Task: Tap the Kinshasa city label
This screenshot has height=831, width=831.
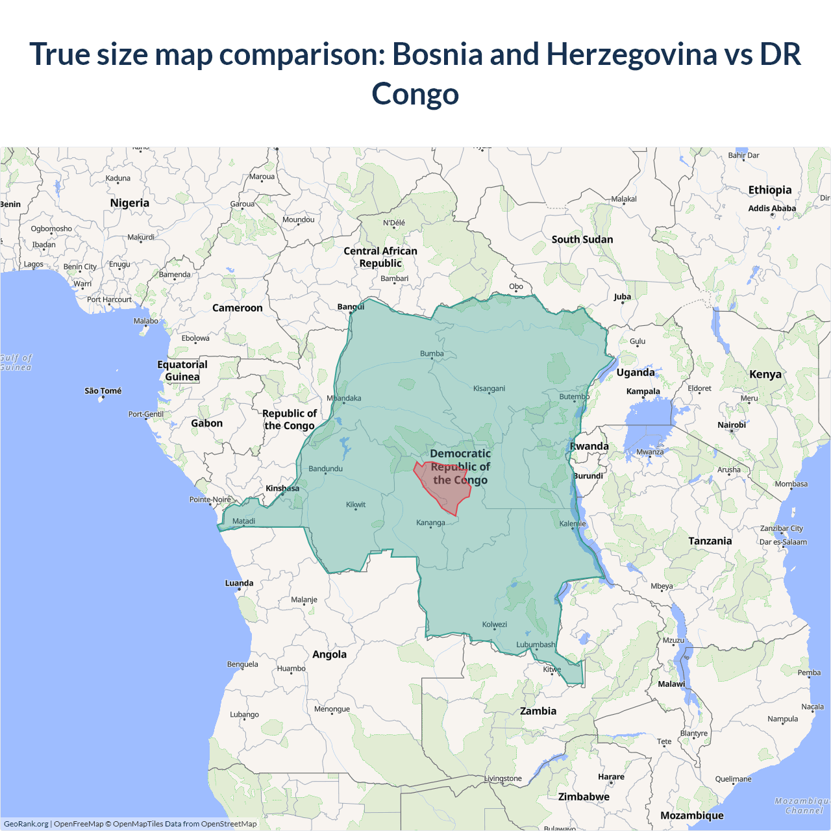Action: coord(282,488)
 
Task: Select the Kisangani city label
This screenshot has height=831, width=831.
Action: coord(489,388)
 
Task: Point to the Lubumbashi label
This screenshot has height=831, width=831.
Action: coord(536,645)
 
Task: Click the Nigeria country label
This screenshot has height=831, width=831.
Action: coord(130,203)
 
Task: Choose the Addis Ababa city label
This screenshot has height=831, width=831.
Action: coord(772,208)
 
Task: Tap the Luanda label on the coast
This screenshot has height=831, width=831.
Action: coord(239,583)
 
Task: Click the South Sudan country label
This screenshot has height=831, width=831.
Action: coord(582,240)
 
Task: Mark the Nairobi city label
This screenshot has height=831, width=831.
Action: coord(732,425)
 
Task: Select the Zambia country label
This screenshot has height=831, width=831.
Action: coord(538,711)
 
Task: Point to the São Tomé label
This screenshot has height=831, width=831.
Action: coord(103,391)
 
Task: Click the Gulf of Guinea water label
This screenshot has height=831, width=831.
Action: coord(16,362)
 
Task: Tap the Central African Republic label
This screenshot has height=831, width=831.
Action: coord(380,257)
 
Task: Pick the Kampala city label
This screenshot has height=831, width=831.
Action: coord(643,391)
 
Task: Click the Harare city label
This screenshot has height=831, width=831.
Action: coord(611,776)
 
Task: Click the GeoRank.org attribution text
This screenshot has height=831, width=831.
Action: coord(26,824)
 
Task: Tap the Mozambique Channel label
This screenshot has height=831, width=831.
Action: coord(803,806)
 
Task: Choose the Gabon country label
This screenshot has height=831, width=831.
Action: coord(206,423)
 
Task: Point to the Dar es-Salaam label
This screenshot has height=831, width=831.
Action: coord(783,542)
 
